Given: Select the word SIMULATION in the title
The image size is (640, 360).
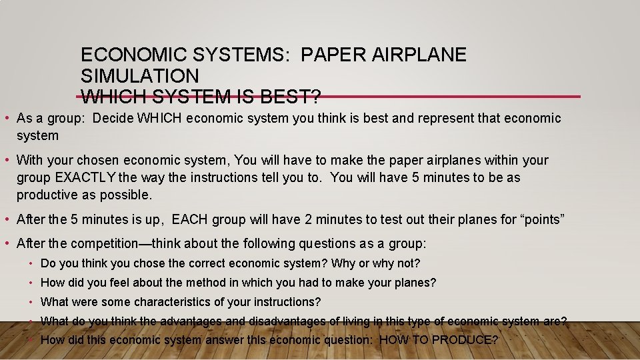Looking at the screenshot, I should pyautogui.click(x=139, y=76).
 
